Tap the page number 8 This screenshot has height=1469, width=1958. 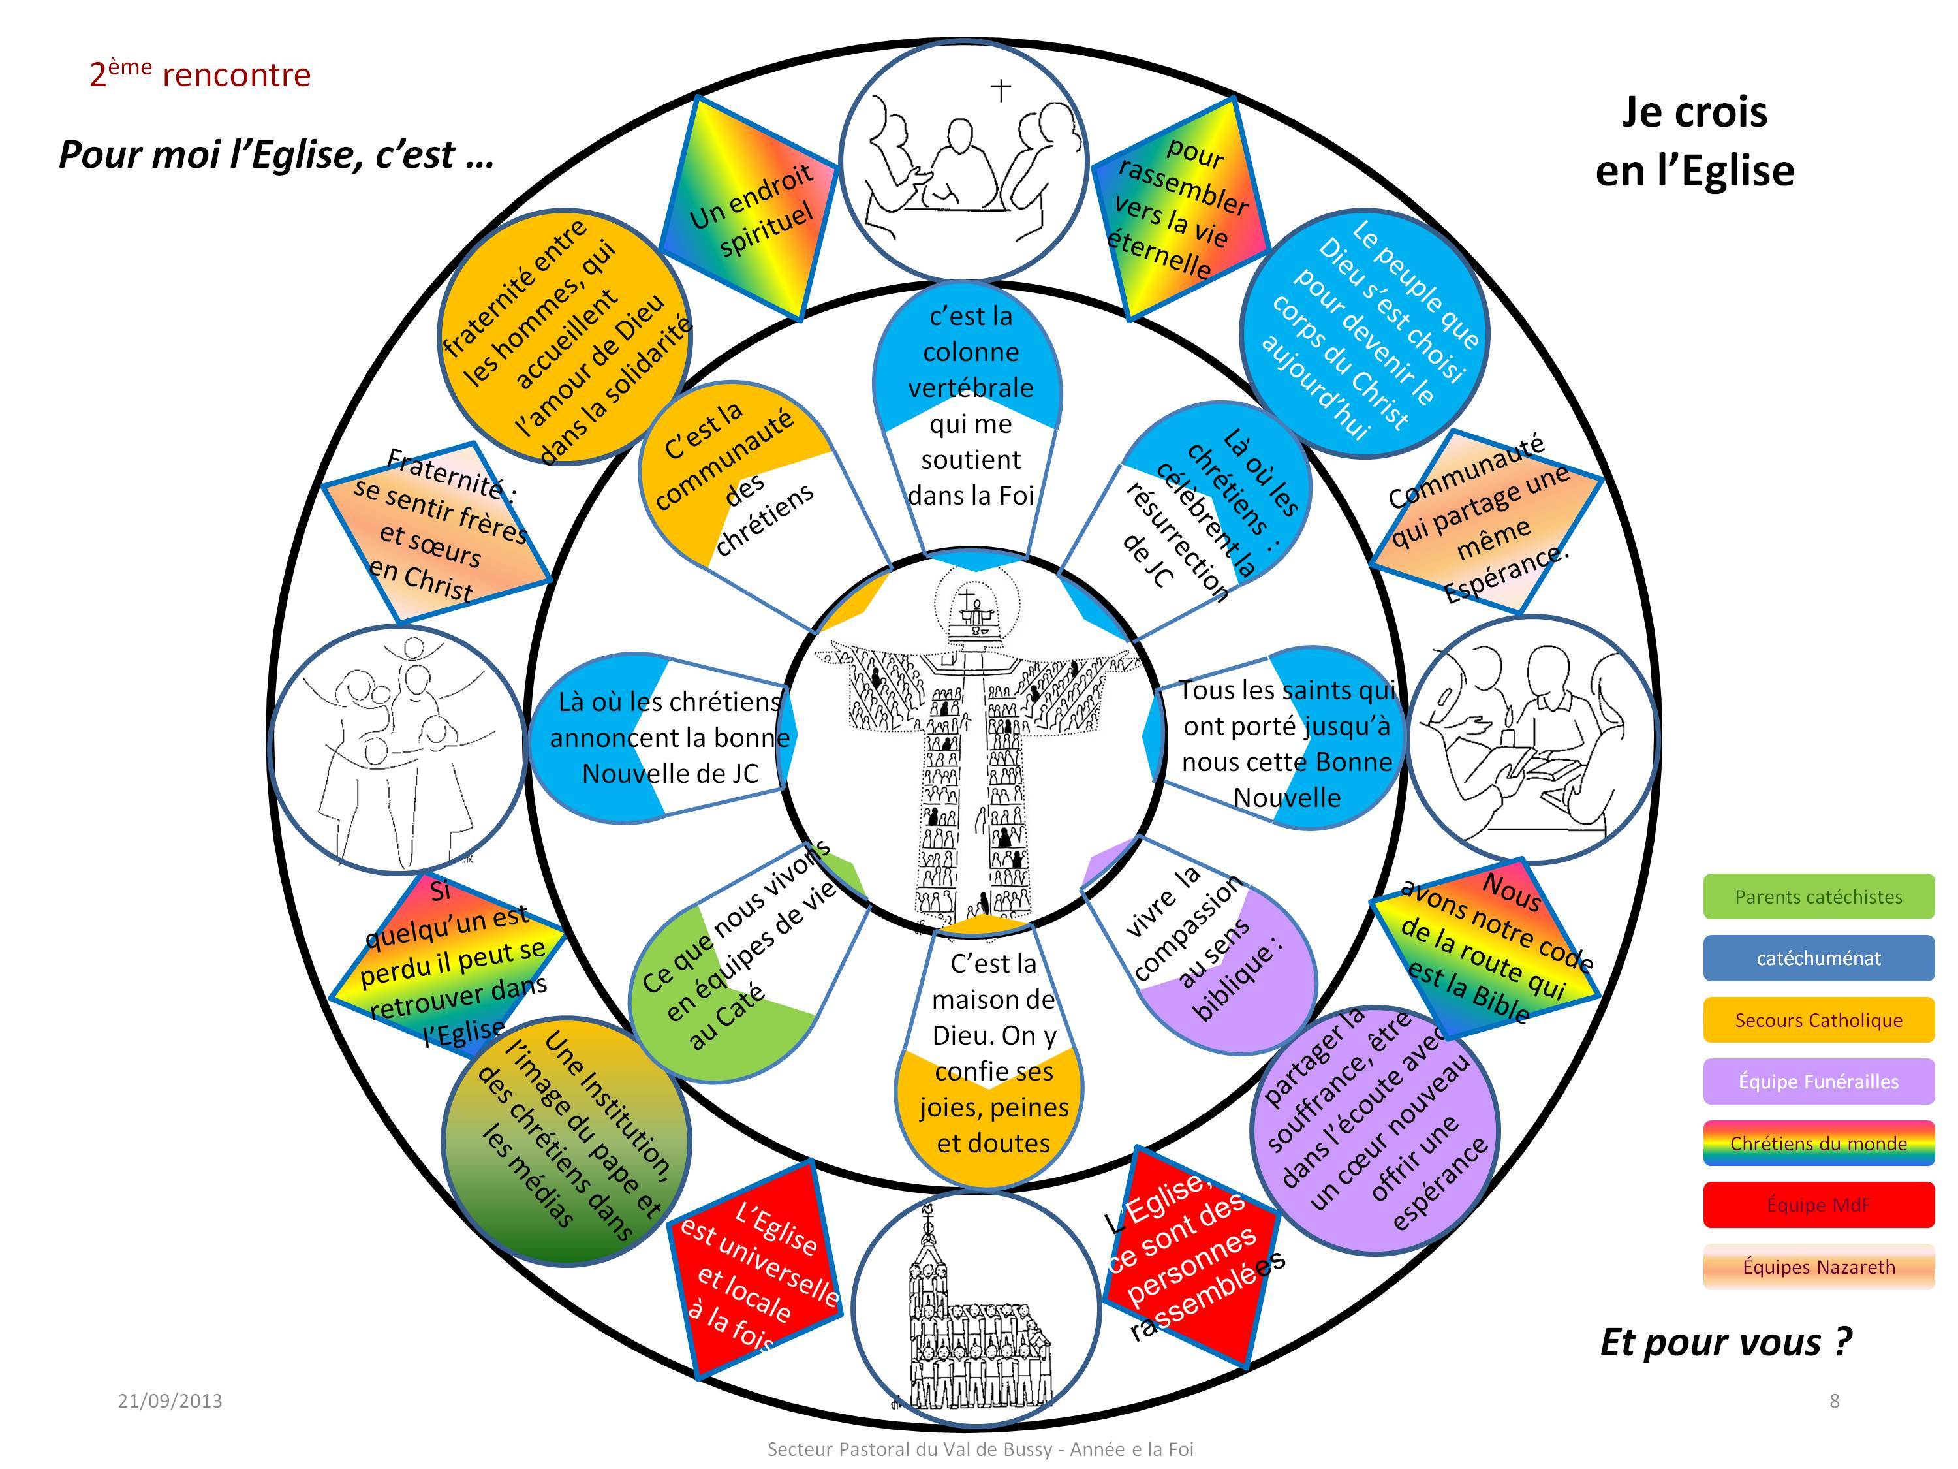[1834, 1400]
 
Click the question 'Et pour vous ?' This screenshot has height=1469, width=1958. [1725, 1342]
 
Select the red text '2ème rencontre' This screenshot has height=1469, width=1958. [200, 74]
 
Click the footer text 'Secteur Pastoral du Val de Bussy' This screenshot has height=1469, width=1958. [980, 1449]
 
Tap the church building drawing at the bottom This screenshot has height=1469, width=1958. [974, 1310]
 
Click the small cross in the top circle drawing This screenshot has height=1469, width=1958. [1001, 89]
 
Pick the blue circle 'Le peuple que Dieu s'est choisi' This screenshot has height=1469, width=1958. [1363, 333]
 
